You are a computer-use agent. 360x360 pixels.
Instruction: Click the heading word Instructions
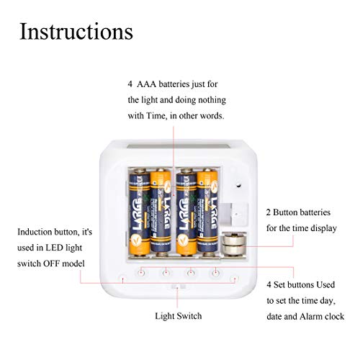(x=76, y=32)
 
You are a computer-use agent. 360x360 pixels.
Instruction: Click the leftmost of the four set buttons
(x=143, y=272)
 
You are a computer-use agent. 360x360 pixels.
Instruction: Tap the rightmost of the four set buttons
(x=215, y=272)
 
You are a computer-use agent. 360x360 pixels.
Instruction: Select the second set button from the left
(x=166, y=272)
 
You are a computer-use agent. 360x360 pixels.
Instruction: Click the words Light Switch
(x=179, y=316)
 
